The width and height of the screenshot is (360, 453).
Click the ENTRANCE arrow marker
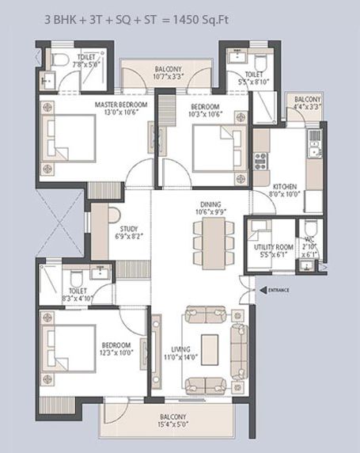point(263,290)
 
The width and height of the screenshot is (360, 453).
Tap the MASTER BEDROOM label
point(121,105)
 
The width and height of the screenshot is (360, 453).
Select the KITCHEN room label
point(285,186)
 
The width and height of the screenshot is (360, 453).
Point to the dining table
point(214,243)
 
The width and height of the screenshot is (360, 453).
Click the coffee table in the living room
point(210,349)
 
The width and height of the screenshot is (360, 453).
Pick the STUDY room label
point(129,229)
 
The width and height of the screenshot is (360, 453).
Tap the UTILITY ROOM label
point(274,247)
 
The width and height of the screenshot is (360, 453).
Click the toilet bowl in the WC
point(311,226)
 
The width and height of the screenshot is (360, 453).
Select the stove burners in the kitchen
point(260,162)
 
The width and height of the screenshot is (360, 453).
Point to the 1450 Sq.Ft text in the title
point(201,20)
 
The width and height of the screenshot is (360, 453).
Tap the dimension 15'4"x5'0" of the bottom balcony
point(173,424)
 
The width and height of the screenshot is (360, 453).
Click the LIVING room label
point(181,349)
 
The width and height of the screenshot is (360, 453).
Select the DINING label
point(210,204)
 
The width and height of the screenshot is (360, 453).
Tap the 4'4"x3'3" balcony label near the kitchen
point(308,107)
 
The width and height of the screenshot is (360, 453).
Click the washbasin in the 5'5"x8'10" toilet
point(237,55)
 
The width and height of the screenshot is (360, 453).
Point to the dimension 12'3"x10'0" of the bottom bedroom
point(116,352)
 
